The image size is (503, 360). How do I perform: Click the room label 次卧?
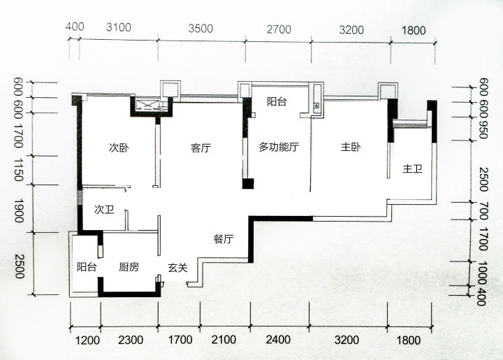click(x=119, y=148)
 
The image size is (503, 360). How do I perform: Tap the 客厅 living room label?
click(x=201, y=148)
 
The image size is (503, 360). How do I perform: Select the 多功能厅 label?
click(x=279, y=147)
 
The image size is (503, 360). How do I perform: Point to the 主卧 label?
click(x=351, y=147)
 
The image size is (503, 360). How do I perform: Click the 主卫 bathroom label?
click(x=413, y=168)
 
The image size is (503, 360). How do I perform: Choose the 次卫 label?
click(x=104, y=210)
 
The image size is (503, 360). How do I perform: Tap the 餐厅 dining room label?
click(x=224, y=239)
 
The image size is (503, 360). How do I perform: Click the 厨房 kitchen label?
click(x=129, y=267)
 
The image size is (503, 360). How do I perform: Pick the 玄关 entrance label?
click(x=177, y=268)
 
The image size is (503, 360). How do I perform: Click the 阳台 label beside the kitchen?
click(x=87, y=267)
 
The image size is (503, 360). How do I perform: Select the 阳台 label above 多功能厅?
click(x=277, y=102)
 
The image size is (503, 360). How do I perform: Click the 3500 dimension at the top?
click(x=201, y=29)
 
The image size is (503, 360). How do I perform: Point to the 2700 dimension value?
click(x=279, y=29)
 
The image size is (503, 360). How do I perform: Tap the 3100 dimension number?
click(x=119, y=27)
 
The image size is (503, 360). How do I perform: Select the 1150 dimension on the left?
click(x=19, y=169)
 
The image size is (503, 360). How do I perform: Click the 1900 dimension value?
click(x=19, y=211)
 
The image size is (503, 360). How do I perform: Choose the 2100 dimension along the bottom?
click(x=224, y=340)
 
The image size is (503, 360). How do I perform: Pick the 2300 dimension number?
click(x=131, y=340)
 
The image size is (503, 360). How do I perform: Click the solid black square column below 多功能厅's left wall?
click(x=248, y=184)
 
